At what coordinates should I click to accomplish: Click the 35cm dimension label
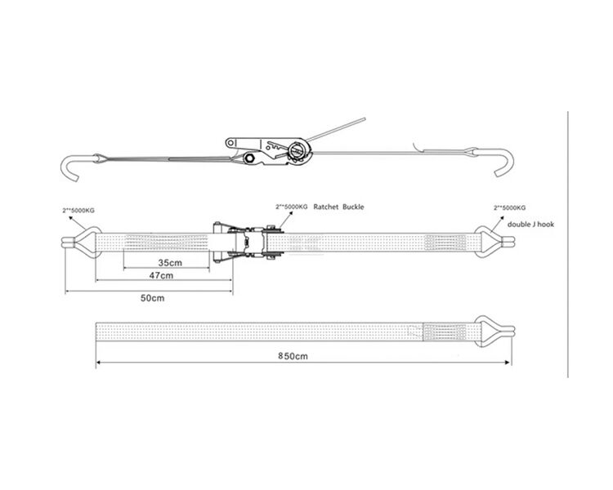click(170, 263)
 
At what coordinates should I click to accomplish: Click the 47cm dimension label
click(161, 275)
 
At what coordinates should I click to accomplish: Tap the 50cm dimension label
click(153, 298)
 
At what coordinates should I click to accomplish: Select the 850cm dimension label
click(293, 356)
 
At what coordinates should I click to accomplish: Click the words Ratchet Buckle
click(338, 207)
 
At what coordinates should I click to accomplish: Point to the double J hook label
click(530, 225)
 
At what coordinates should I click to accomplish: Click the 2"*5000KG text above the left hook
click(78, 211)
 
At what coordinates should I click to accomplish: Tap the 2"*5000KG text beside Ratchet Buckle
click(292, 207)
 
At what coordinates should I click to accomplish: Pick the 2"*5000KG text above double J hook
click(509, 208)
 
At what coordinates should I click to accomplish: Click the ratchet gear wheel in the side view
click(299, 152)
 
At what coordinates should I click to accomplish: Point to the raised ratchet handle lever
click(336, 130)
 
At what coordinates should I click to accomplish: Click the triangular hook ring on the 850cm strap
click(487, 332)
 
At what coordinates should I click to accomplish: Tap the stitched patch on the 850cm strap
click(447, 332)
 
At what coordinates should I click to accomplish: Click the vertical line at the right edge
click(568, 244)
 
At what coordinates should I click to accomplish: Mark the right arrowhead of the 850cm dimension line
click(508, 363)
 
